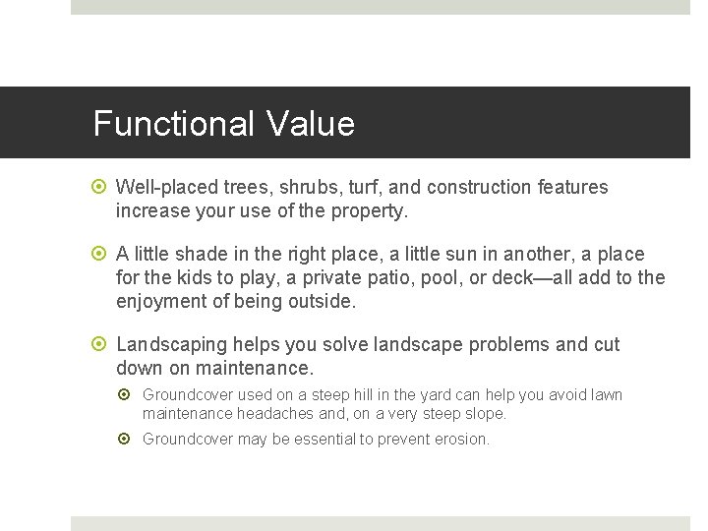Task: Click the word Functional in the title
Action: click(174, 124)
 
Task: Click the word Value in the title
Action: click(309, 124)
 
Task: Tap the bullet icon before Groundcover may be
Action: click(128, 439)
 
